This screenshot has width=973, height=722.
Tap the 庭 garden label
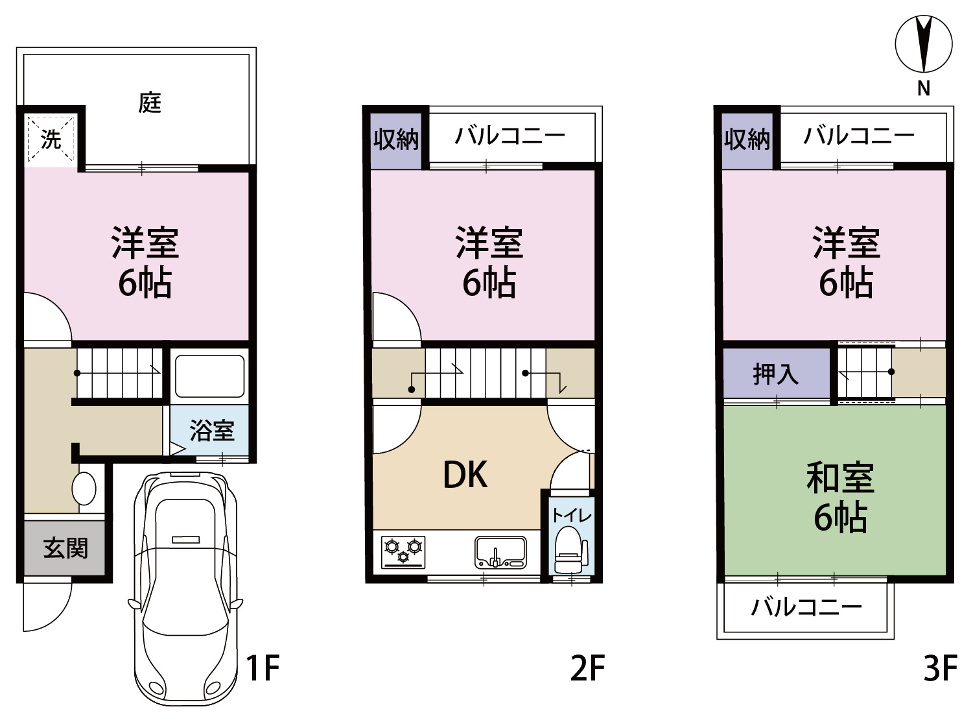[150, 102]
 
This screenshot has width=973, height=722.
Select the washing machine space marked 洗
[51, 138]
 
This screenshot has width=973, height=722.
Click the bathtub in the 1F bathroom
[209, 376]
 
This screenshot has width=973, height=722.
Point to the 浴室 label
[212, 430]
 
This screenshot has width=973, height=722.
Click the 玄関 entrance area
[64, 548]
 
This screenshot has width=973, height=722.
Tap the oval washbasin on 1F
[84, 489]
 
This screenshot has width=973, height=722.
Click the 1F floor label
[263, 667]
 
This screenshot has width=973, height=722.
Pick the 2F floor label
[587, 667]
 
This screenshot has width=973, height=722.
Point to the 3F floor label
[940, 667]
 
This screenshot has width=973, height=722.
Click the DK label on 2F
[465, 475]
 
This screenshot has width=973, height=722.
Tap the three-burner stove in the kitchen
[403, 552]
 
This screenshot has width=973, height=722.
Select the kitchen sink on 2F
[500, 553]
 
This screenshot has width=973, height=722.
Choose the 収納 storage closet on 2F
[395, 141]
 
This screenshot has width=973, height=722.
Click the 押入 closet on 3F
[776, 373]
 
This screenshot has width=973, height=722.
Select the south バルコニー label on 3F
[806, 607]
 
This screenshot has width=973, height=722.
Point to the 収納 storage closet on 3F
[747, 141]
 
